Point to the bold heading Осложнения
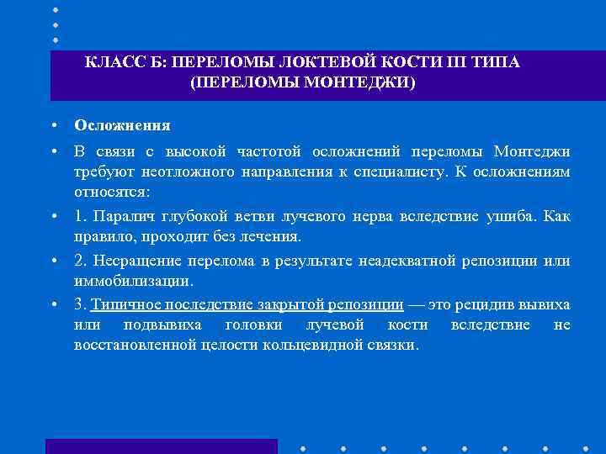coord(122,125)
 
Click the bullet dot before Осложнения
coord(52,125)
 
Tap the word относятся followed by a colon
coord(109,192)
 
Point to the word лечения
coord(274,236)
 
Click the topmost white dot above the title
coord(56,9)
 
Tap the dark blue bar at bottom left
coord(161,446)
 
